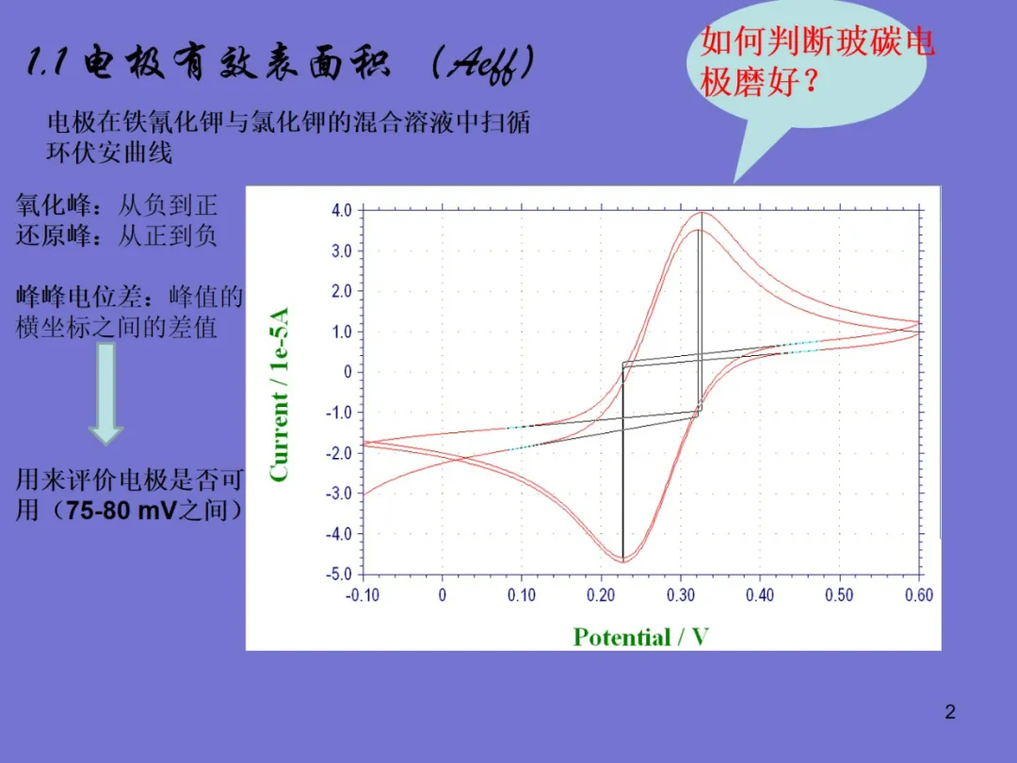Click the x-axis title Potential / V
641,637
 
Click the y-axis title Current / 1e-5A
279,395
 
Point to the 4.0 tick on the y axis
342,210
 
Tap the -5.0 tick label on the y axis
339,575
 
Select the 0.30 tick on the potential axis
681,595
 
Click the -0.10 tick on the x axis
362,595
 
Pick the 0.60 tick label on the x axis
919,595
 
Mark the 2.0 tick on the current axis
342,291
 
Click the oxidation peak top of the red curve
702,213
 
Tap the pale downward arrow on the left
106,394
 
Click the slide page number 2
950,712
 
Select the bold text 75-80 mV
121,511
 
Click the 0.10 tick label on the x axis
522,595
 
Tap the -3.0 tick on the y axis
339,494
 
